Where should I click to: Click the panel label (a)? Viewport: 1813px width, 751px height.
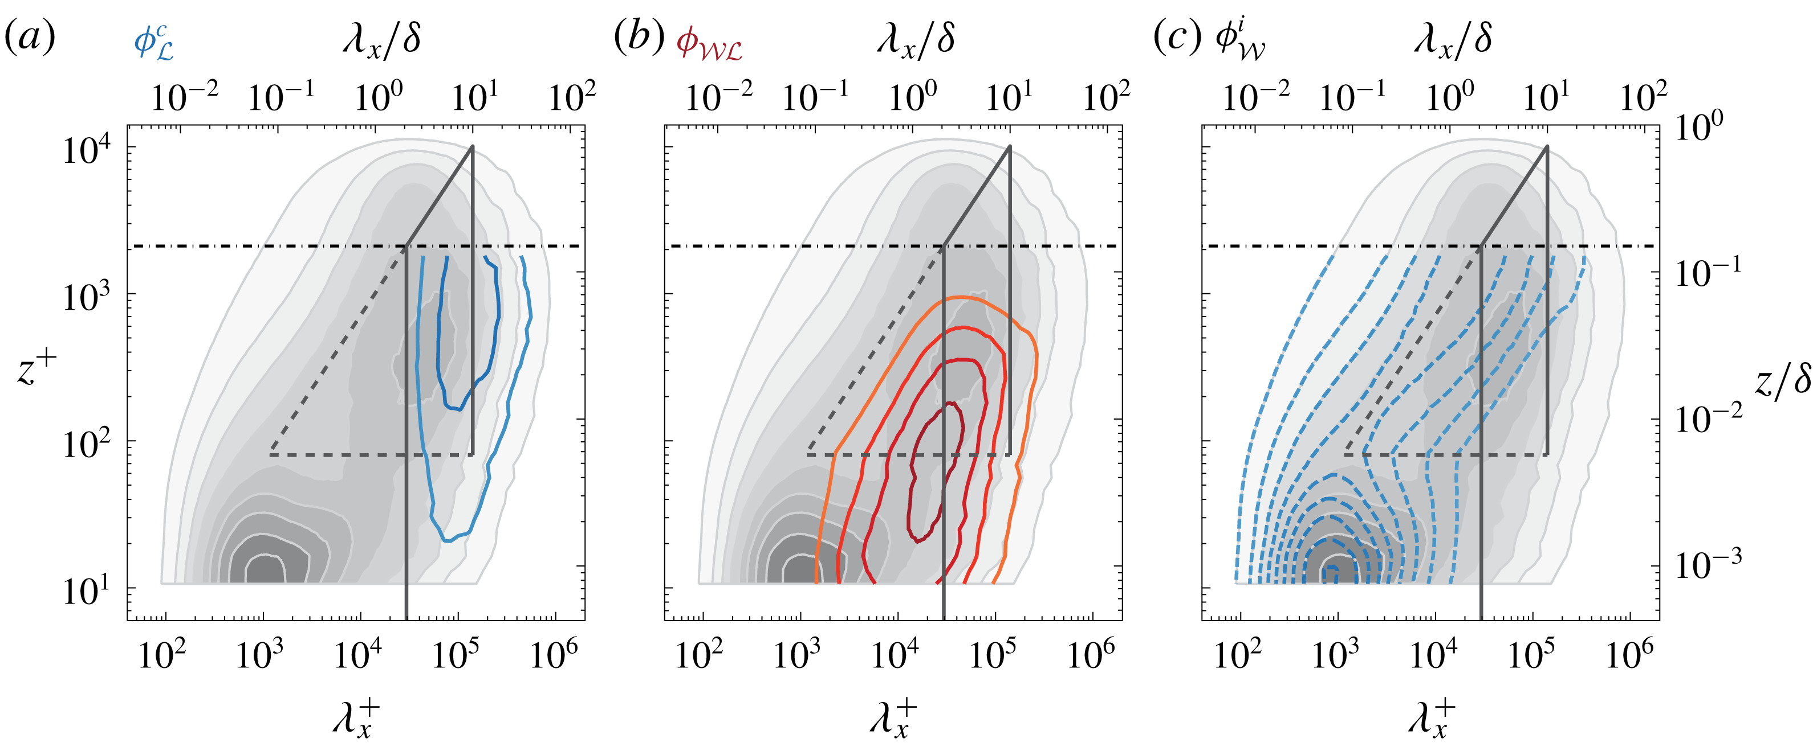click(30, 36)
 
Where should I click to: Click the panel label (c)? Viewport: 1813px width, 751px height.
click(1176, 36)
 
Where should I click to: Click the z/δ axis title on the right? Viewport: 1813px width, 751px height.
click(1781, 383)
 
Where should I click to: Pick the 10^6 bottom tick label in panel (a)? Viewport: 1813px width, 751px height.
click(553, 654)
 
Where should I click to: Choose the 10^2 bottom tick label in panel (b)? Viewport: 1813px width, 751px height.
click(698, 654)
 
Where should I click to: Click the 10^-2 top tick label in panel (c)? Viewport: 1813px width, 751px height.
click(1255, 96)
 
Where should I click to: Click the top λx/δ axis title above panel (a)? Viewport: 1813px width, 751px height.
click(382, 38)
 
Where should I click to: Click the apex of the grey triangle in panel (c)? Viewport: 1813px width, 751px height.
click(1547, 146)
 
